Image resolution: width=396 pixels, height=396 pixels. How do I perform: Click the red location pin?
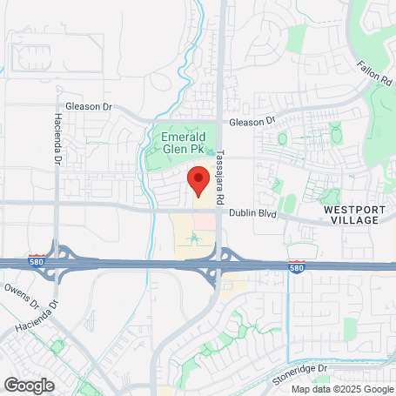198,179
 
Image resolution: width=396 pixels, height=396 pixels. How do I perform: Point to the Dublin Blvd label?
252,212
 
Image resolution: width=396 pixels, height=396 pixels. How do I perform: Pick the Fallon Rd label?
374,72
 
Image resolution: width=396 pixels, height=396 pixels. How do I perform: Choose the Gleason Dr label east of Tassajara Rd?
252,122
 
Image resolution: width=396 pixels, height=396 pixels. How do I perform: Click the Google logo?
29,385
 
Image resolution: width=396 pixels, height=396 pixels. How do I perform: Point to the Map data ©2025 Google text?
341,389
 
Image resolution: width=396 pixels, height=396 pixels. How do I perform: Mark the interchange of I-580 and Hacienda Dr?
58,262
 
